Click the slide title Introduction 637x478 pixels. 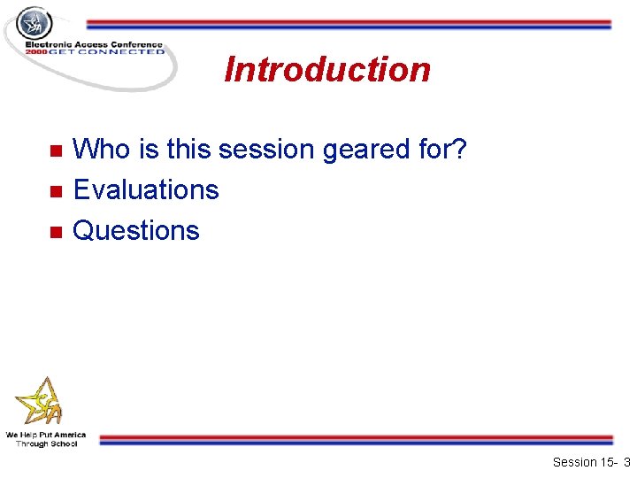tap(327, 70)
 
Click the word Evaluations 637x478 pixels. tap(145, 189)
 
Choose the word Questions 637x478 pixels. tap(135, 230)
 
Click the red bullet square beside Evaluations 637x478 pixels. tap(54, 191)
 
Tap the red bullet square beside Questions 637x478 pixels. tap(54, 232)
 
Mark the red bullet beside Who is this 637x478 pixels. tap(54, 151)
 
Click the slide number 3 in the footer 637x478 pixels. tap(626, 462)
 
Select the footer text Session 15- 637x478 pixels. tap(584, 462)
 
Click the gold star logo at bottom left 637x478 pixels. tap(41, 403)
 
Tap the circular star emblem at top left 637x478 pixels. tap(35, 23)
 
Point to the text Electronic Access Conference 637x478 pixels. tap(94, 44)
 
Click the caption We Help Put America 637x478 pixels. tap(46, 435)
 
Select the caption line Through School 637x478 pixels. tap(46, 443)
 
